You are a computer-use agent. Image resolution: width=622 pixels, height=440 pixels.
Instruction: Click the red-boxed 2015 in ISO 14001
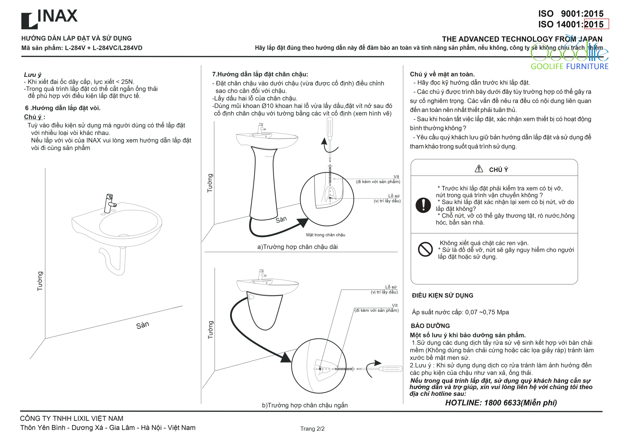click(x=596, y=24)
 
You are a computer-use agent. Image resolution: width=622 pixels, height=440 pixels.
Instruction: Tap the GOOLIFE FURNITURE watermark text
click(x=569, y=66)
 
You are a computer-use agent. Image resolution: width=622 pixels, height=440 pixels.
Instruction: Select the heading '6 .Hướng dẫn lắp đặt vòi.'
click(x=63, y=108)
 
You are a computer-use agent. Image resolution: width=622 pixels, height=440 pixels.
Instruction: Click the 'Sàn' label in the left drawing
click(x=142, y=325)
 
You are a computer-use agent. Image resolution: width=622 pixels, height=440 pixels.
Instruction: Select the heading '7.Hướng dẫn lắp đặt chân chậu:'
click(x=260, y=74)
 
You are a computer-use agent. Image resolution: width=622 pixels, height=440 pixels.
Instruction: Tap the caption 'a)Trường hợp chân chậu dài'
click(x=297, y=247)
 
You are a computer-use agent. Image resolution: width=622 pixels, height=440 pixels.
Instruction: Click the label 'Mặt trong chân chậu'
click(x=325, y=235)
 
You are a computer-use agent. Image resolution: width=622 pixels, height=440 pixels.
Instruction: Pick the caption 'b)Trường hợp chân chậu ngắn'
click(x=305, y=405)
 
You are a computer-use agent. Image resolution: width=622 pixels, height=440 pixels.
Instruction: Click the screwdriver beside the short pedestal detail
click(x=389, y=369)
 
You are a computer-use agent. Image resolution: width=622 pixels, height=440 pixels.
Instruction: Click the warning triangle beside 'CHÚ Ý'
click(x=479, y=169)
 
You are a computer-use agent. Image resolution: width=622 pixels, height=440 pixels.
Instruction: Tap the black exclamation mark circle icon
click(x=423, y=205)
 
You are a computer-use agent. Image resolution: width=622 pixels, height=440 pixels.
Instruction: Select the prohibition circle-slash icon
click(x=425, y=249)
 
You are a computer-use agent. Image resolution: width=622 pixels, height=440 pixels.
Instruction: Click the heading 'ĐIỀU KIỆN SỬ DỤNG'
click(x=442, y=296)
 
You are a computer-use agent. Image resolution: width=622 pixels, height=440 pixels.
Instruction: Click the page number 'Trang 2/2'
click(x=312, y=429)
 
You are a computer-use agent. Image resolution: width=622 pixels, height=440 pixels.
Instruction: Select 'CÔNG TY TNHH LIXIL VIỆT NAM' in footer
click(x=72, y=419)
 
